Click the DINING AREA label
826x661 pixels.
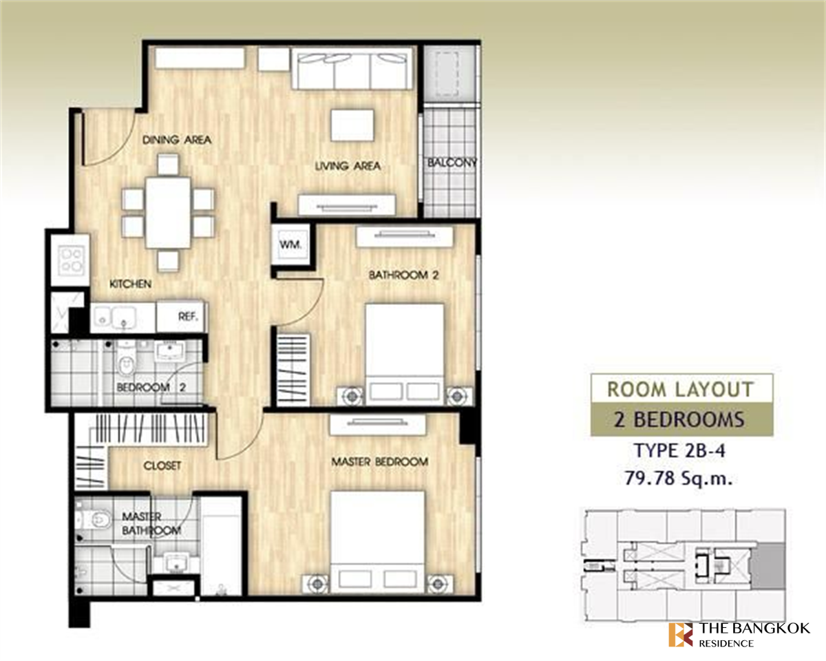tap(177, 140)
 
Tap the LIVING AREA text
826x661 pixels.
tap(348, 167)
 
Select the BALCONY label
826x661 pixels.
tap(452, 162)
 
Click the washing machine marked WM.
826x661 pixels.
tap(290, 244)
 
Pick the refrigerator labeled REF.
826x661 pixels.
tap(180, 317)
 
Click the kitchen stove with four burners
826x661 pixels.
tap(71, 260)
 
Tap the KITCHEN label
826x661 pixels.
tap(131, 284)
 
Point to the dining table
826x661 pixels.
tap(168, 213)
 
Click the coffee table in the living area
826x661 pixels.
tap(352, 125)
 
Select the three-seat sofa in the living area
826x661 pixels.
tap(352, 68)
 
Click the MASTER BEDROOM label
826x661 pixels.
tap(379, 461)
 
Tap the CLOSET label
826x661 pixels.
tap(162, 466)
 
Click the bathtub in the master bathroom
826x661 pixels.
tap(221, 546)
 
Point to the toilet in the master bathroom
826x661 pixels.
tap(94, 520)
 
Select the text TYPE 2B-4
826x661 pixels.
tap(679, 451)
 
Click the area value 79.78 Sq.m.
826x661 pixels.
tap(679, 479)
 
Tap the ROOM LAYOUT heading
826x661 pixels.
tap(681, 390)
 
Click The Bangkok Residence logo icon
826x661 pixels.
tap(681, 636)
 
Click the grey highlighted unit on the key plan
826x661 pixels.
tap(767, 567)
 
